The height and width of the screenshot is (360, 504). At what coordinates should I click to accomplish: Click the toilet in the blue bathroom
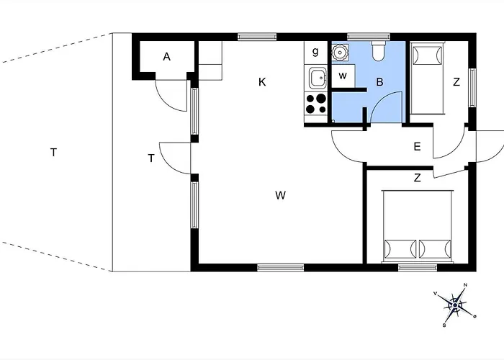(378, 51)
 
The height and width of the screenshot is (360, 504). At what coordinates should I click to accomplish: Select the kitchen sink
(318, 78)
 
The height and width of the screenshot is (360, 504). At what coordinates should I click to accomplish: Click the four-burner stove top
(315, 104)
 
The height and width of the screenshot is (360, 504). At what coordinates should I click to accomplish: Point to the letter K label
(262, 82)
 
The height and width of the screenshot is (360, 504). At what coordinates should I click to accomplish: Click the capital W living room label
(280, 195)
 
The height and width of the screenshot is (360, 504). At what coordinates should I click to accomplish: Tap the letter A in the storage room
(166, 57)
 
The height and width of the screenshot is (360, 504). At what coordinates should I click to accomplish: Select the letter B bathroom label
(379, 82)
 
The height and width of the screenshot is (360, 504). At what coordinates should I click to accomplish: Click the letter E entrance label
(417, 147)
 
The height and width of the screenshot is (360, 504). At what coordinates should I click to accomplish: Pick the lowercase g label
(315, 51)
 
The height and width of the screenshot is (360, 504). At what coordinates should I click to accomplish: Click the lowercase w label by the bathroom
(343, 76)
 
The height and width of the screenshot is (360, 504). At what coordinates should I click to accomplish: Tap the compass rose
(455, 305)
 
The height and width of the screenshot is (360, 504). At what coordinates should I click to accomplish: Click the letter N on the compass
(465, 285)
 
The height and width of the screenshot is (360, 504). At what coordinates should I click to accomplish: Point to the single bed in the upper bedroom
(427, 78)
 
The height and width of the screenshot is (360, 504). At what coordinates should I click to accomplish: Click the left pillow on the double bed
(400, 249)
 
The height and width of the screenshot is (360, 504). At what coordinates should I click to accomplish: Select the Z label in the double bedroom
(417, 178)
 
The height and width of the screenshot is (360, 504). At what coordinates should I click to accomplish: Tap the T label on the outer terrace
(54, 152)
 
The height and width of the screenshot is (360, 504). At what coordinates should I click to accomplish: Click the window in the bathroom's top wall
(369, 37)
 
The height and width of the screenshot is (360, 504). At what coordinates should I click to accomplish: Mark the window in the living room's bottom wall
(281, 267)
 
